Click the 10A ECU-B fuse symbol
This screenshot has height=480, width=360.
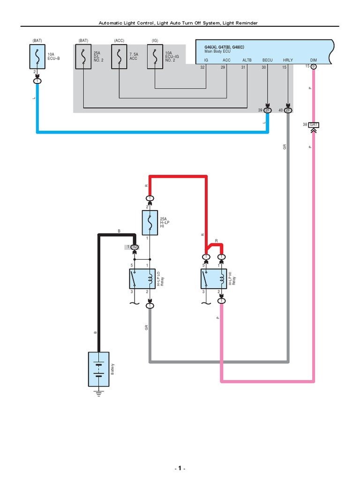point(37,57)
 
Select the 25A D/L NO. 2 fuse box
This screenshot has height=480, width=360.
point(83,57)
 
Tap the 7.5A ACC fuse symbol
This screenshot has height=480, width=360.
point(119,57)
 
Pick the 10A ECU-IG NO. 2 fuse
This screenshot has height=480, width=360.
point(155,57)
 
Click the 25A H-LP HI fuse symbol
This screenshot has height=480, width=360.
point(150,222)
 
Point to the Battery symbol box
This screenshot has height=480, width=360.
point(98,369)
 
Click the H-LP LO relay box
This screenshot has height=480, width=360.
point(142,279)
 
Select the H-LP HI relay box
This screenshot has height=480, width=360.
point(213,279)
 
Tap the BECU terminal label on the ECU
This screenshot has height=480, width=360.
point(267,60)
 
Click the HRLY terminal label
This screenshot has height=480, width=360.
point(288,60)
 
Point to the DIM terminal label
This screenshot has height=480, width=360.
point(314,60)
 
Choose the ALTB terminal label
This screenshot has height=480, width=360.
point(247,60)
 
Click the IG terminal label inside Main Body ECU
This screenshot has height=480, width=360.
point(206,60)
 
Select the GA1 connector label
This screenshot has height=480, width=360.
point(314,125)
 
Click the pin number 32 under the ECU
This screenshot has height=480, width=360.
point(202,67)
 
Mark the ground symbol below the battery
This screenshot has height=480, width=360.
point(98,393)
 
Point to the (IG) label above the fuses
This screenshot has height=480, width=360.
point(155,41)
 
